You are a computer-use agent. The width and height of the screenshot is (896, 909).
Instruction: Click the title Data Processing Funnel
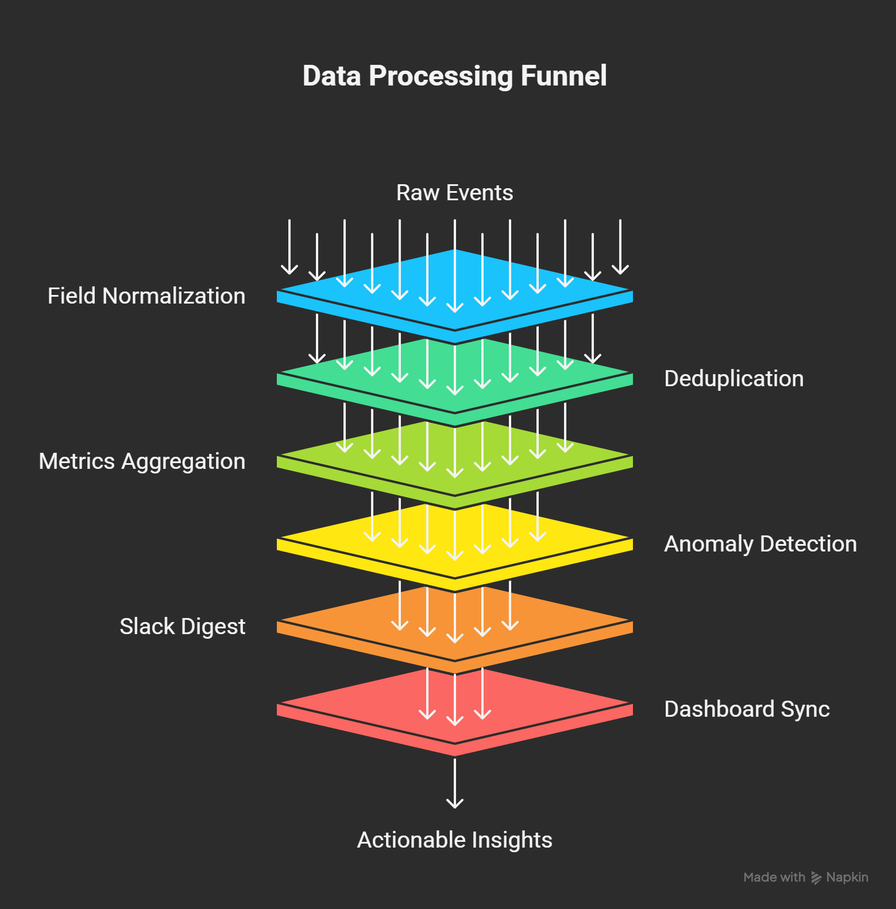[x=454, y=76]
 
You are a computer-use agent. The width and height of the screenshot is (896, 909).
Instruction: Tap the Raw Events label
[x=454, y=193]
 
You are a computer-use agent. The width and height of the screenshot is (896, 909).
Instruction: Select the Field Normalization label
[x=146, y=296]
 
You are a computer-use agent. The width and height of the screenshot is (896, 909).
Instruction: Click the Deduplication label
[x=733, y=379]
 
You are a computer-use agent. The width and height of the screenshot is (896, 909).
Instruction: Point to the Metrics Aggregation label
[x=142, y=462]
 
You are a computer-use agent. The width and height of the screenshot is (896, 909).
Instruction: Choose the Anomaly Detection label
[x=760, y=544]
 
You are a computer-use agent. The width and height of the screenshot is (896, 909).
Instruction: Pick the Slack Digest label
[x=183, y=627]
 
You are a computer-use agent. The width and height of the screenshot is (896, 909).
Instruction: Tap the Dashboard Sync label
[x=747, y=709]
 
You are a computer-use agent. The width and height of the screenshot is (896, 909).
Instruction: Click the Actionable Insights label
[x=454, y=840]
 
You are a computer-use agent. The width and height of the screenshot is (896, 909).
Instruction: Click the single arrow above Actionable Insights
[x=455, y=783]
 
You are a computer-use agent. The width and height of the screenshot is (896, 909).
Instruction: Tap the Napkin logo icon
[x=816, y=877]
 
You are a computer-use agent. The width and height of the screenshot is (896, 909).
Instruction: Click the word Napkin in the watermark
[x=847, y=877]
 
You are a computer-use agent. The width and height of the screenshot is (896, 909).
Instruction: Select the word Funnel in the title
[x=563, y=76]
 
